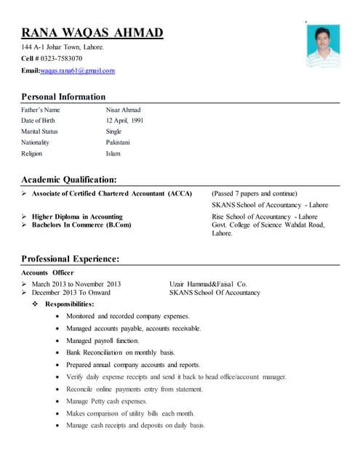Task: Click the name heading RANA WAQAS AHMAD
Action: [x=92, y=33]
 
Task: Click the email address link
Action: [x=77, y=70]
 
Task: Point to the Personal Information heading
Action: [x=63, y=97]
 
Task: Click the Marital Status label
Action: [x=39, y=132]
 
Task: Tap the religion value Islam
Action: [x=113, y=153]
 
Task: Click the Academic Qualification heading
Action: [x=68, y=179]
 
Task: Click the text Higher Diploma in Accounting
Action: [x=77, y=217]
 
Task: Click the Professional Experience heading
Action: [x=70, y=259]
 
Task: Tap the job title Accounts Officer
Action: [x=47, y=272]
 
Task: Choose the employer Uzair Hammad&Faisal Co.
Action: [x=208, y=283]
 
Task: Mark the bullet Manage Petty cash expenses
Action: [x=106, y=401]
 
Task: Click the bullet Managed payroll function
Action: [x=102, y=340]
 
